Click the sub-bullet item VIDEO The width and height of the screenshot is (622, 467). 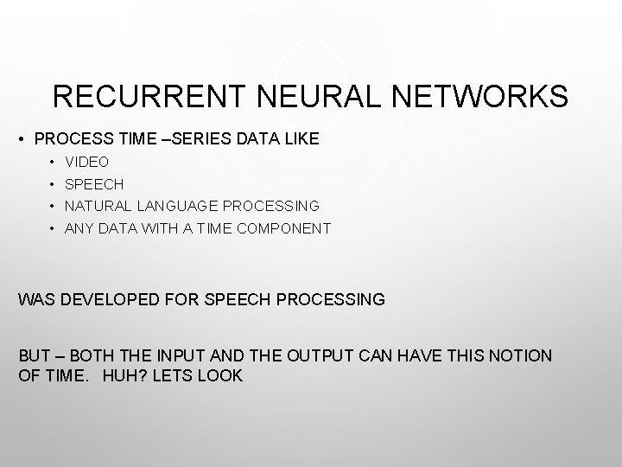(87, 162)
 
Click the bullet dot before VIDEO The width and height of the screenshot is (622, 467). (52, 162)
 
